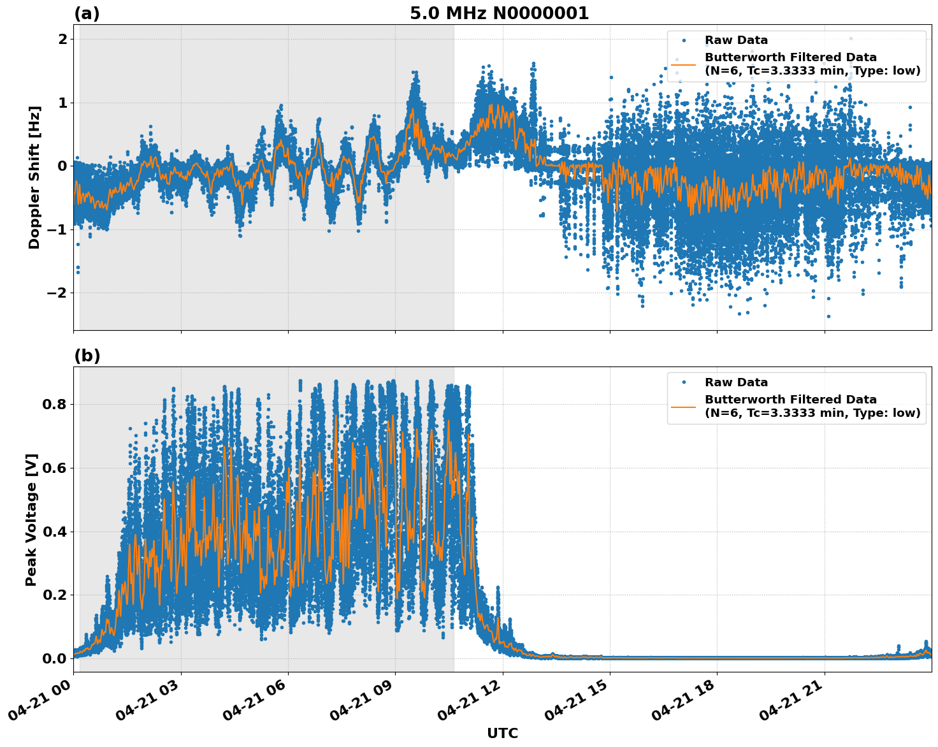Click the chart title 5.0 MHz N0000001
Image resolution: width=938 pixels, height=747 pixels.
[x=499, y=13]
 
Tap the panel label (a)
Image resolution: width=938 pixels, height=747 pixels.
[x=87, y=13]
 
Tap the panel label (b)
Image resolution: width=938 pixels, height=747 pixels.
[x=87, y=356]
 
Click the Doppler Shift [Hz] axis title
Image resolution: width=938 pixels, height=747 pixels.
[x=34, y=177]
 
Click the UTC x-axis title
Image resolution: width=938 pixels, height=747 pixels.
[x=502, y=733]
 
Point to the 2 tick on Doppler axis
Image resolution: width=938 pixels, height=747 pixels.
[x=62, y=40]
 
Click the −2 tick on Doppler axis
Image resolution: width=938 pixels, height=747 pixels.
[x=57, y=293]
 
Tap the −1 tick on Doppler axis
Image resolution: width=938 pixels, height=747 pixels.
[x=57, y=229]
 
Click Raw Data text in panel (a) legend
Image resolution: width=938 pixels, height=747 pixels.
[x=736, y=40]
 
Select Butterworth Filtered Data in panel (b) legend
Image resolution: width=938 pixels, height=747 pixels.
[x=790, y=400]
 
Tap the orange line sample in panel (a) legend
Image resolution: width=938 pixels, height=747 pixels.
[x=684, y=64]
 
